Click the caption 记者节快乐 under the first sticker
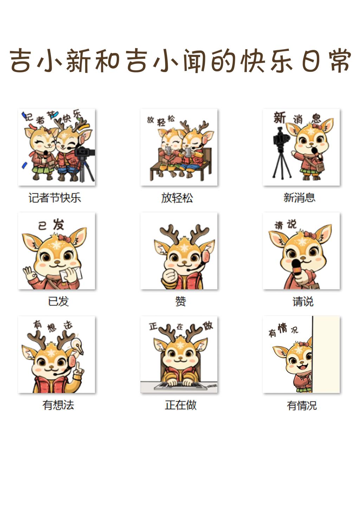[55, 198]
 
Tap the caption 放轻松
[177, 198]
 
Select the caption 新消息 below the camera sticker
[300, 198]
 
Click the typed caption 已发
[58, 301]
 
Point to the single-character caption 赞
[180, 301]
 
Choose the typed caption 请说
[303, 301]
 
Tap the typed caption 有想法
[58, 405]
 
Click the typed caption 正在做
[181, 405]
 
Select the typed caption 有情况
[302, 405]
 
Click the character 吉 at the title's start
[20, 60]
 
